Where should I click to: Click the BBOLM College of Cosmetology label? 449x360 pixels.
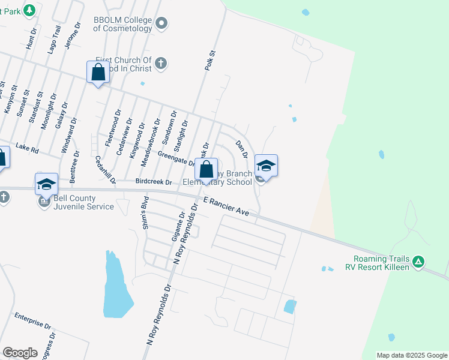point(122,24)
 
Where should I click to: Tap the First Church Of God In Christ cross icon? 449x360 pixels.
point(161,63)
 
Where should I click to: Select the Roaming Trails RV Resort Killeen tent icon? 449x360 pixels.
point(419,262)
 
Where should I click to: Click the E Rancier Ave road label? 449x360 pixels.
point(226,206)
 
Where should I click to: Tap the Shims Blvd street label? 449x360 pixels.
point(145,208)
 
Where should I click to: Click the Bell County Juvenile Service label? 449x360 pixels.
point(83,202)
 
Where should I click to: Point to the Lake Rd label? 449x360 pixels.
point(27,146)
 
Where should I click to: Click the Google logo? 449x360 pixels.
point(20,352)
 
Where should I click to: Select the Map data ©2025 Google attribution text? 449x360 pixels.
point(411,355)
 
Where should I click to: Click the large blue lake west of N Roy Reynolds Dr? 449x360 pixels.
point(115,288)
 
